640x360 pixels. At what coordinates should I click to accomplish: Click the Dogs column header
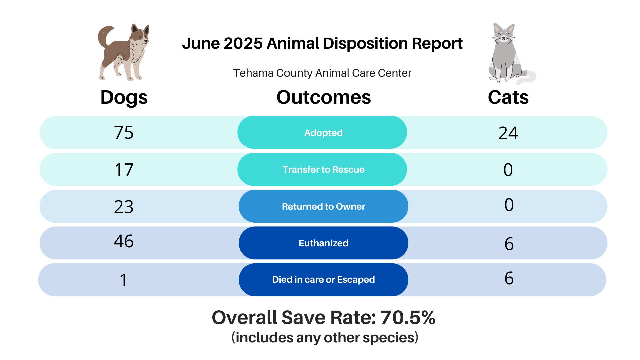click(x=124, y=97)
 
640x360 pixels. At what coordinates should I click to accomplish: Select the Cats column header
click(x=508, y=97)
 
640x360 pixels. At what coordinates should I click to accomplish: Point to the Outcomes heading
click(x=323, y=97)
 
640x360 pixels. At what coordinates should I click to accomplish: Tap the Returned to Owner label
click(x=323, y=206)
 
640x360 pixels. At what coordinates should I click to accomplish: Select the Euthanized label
click(x=323, y=243)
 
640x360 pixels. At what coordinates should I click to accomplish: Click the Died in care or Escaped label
click(x=323, y=280)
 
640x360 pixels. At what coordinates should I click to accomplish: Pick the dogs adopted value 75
click(x=124, y=133)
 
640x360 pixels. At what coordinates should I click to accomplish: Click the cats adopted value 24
click(x=508, y=133)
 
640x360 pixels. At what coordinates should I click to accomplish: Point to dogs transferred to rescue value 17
click(x=124, y=170)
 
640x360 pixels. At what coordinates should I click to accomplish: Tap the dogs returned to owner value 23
click(x=124, y=207)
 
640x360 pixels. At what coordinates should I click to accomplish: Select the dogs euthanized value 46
click(x=124, y=241)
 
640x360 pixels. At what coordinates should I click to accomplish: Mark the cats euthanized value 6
click(x=509, y=244)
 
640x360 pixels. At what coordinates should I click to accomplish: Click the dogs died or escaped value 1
click(x=123, y=280)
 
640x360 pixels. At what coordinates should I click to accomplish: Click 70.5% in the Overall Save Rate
click(x=408, y=317)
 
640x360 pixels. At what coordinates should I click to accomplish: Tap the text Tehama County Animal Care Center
click(x=322, y=73)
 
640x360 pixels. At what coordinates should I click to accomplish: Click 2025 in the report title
click(x=243, y=43)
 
